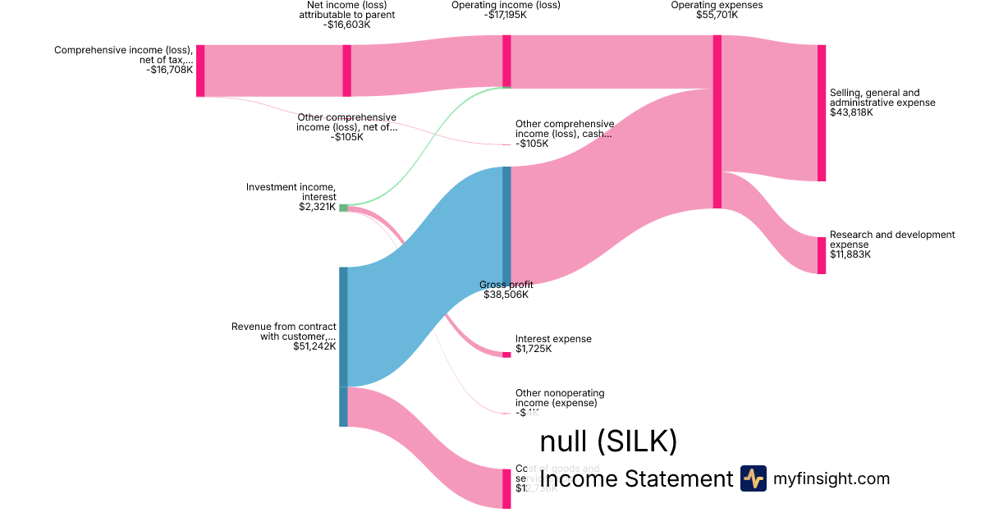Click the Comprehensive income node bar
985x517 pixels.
(x=200, y=71)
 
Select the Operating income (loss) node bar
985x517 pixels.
(x=506, y=61)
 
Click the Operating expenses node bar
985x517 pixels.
(x=717, y=121)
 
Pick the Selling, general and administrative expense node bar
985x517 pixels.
(x=821, y=112)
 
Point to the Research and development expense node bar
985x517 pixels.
(x=821, y=255)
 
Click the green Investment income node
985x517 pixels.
(x=343, y=208)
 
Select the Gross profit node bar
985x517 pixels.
(x=506, y=223)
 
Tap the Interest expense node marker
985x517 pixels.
(x=506, y=355)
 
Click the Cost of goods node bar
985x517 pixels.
(x=506, y=488)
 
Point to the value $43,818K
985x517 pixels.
(x=851, y=112)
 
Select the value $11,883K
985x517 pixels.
(x=850, y=254)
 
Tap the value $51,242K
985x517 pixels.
(x=314, y=346)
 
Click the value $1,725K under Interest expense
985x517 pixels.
(x=534, y=349)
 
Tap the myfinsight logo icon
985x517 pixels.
(x=753, y=478)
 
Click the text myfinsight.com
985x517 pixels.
(x=832, y=478)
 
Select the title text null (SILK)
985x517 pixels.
(x=608, y=442)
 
